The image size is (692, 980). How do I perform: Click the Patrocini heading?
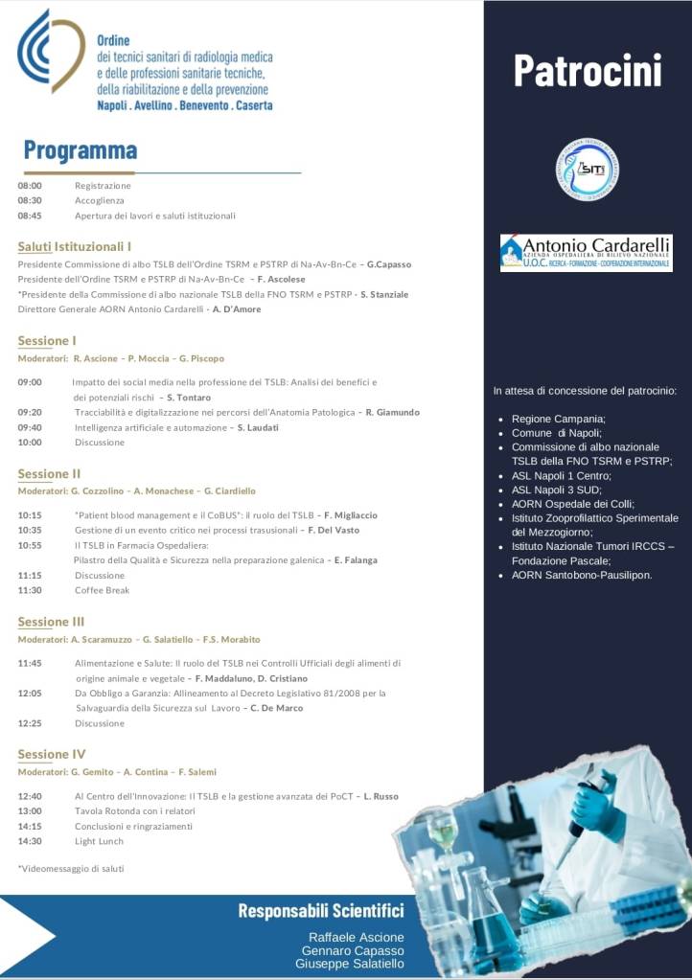[x=587, y=70]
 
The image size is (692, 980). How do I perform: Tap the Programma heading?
[x=81, y=150]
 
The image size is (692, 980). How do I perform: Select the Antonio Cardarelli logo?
[x=586, y=253]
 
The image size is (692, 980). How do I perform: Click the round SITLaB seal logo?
[x=587, y=170]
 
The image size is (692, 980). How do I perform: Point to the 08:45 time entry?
[x=30, y=216]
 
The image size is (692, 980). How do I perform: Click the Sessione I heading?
[x=47, y=340]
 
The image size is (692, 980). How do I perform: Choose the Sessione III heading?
[x=51, y=622]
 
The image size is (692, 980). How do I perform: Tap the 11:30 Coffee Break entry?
[x=102, y=590]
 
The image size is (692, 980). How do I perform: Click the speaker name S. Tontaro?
[x=189, y=397]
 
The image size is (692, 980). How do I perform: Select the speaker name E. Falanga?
[x=355, y=559]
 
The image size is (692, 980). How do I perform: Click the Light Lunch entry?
[x=99, y=841]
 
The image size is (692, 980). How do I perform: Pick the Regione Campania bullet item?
[x=559, y=419]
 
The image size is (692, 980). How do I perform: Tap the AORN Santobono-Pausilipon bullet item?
[x=582, y=575]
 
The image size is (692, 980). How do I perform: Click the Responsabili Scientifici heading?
[x=320, y=910]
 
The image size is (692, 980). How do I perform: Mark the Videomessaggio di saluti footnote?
[x=71, y=868]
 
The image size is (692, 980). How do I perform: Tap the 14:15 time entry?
[x=30, y=826]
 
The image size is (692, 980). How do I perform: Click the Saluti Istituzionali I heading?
[x=75, y=246]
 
